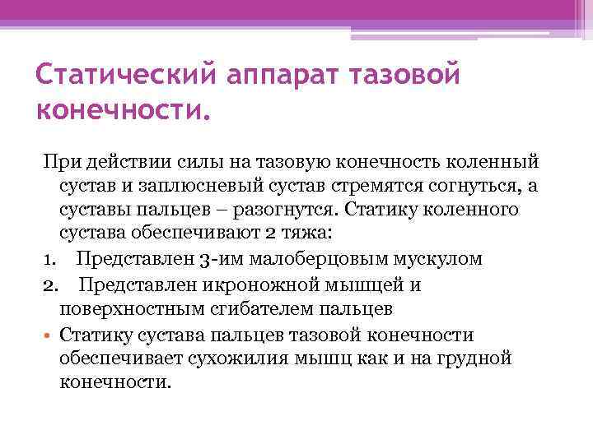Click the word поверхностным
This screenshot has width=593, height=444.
click(127, 309)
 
